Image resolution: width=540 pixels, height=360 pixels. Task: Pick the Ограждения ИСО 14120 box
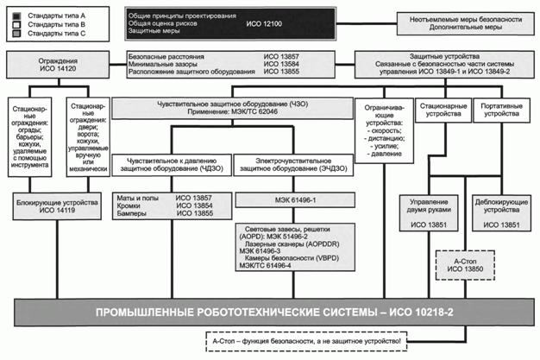click(x=58, y=65)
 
